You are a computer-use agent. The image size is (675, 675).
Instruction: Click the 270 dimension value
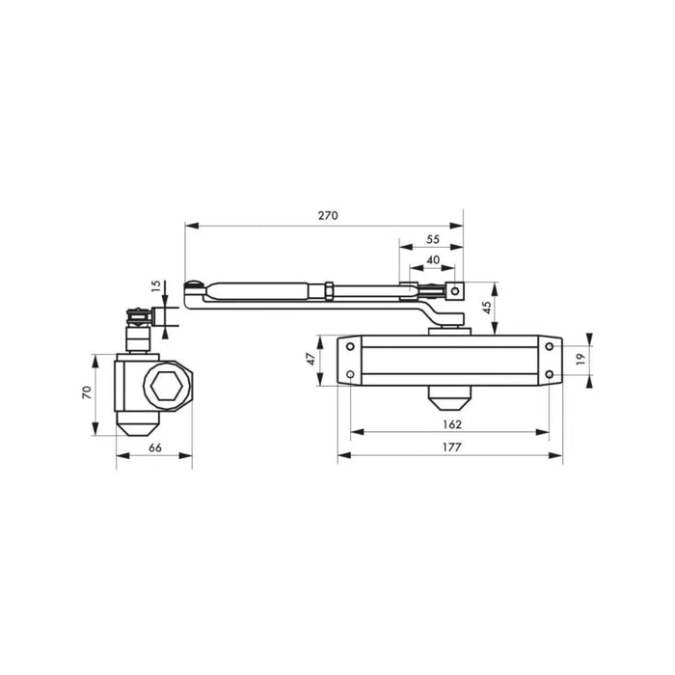[328, 215]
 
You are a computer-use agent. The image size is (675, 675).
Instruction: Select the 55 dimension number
[433, 239]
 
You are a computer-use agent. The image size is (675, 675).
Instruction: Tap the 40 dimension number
[433, 260]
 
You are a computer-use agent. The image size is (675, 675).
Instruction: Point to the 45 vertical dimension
[486, 308]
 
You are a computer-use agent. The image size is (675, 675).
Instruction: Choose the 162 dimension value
[452, 424]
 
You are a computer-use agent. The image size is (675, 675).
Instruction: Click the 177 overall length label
[451, 447]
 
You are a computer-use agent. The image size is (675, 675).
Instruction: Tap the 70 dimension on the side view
[87, 392]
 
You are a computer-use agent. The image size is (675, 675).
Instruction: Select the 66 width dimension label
[155, 447]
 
